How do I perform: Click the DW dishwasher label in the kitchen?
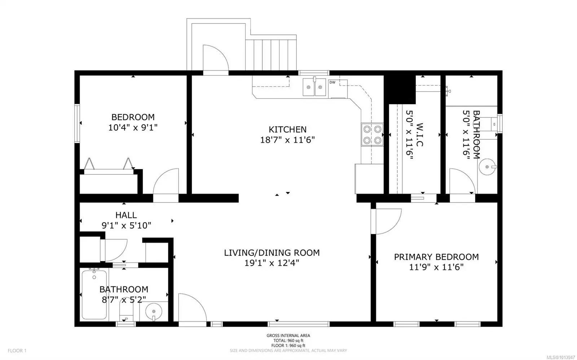tap(332, 83)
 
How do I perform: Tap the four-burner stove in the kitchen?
tap(372, 134)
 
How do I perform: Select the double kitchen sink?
tap(314, 87)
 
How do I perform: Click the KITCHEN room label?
tap(287, 129)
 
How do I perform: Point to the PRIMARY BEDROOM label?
tap(436, 257)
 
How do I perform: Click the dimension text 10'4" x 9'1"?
tap(133, 127)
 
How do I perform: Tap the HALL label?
tap(126, 215)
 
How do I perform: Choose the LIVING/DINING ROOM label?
tap(272, 253)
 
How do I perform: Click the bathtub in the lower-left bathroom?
tap(94, 295)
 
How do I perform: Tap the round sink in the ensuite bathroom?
tap(487, 167)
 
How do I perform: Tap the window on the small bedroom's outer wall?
tap(77, 123)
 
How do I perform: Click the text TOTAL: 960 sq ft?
tap(288, 341)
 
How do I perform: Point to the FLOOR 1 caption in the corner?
tap(17, 351)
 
